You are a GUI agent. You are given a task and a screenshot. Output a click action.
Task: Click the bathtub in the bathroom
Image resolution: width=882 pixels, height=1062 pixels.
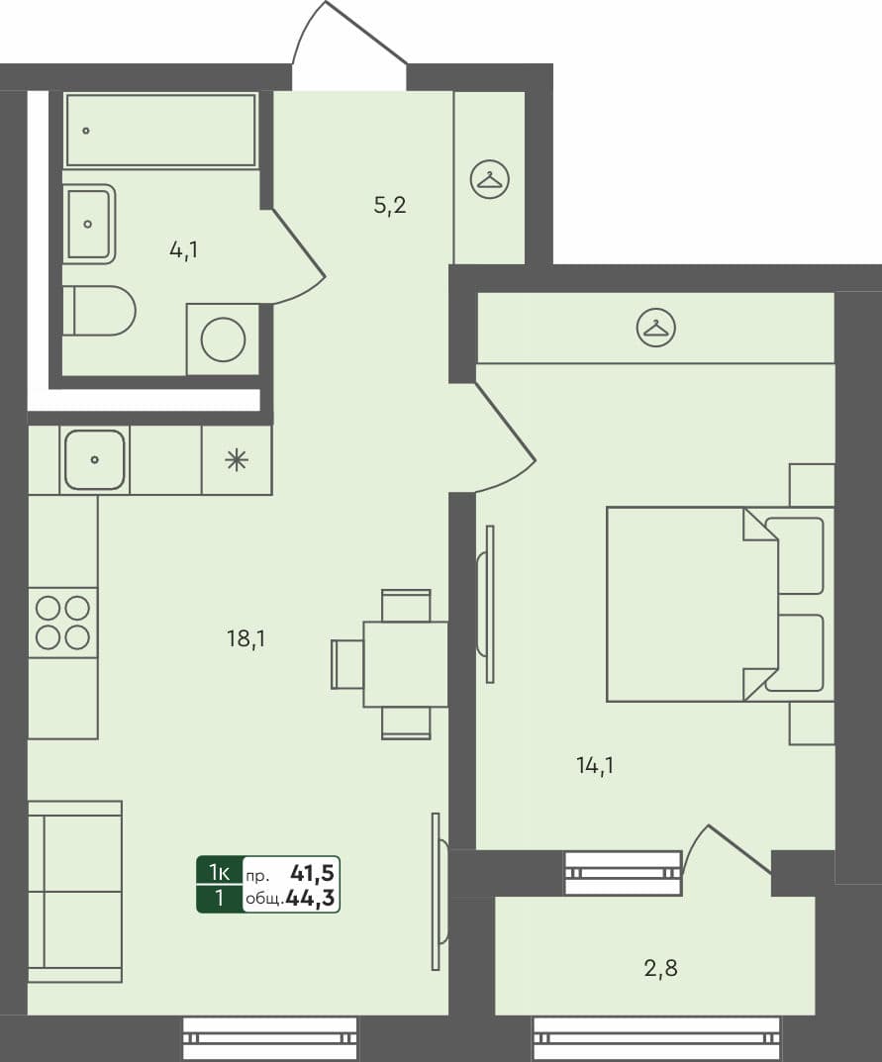160,130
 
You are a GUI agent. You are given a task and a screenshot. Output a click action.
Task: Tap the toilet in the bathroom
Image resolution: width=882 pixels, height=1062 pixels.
101,311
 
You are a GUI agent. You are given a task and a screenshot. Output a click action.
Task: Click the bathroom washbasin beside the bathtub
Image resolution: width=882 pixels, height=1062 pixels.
89,224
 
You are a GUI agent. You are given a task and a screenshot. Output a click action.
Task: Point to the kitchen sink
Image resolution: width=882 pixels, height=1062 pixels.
95,459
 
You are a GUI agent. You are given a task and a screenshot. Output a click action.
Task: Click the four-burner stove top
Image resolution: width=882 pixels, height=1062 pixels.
63,623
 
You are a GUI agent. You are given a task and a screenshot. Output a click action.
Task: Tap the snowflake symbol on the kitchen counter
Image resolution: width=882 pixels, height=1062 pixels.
236,459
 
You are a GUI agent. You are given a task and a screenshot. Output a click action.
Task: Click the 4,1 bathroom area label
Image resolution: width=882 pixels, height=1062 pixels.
183,249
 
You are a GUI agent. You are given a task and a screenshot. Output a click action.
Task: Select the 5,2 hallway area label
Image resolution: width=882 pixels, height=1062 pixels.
390,206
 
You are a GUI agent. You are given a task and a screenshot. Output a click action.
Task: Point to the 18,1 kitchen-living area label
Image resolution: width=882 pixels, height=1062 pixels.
246,638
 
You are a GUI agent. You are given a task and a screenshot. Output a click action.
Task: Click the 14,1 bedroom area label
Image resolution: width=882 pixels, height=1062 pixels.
595,764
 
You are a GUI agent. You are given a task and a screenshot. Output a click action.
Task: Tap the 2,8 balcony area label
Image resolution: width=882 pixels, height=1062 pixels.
660,968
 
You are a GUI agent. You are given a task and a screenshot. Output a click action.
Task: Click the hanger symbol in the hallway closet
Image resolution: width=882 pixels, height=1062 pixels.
489,179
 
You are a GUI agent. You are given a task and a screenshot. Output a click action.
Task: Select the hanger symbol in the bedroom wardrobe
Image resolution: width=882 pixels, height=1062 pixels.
655,327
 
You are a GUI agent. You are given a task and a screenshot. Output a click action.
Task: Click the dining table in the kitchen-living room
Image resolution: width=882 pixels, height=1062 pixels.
406,664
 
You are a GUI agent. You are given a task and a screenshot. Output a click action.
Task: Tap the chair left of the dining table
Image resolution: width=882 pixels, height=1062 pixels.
347,664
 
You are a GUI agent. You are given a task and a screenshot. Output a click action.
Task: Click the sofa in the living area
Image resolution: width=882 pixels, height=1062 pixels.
74,891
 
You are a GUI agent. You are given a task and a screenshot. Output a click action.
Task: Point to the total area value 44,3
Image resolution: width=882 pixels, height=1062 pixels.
310,899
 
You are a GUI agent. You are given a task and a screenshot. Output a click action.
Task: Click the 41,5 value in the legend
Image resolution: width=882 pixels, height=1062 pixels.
313,872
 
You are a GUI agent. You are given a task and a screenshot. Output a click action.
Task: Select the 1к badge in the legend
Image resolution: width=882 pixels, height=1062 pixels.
219,872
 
